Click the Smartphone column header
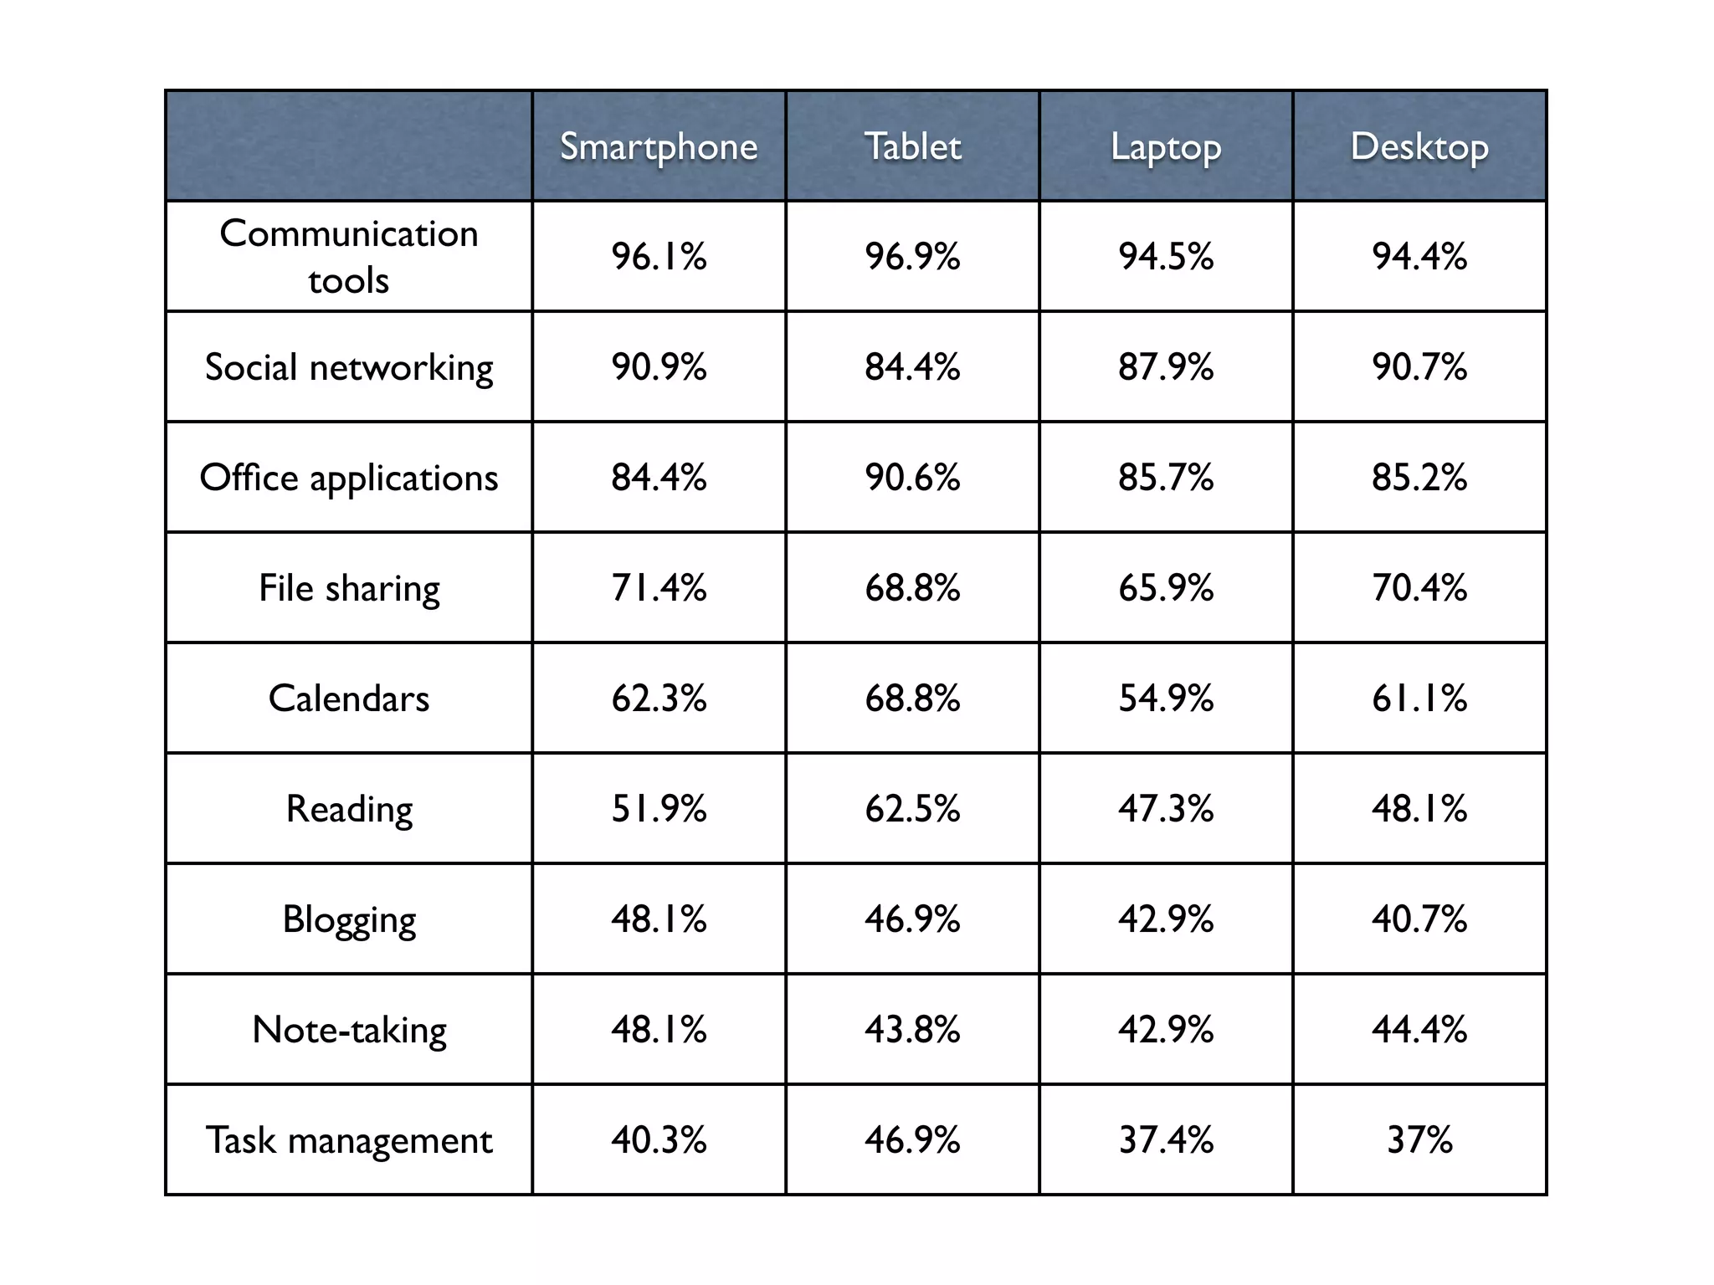(x=659, y=146)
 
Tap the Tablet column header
(x=912, y=146)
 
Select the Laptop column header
(x=1166, y=146)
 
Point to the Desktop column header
(x=1419, y=146)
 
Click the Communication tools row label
(x=349, y=256)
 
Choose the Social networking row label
(x=349, y=367)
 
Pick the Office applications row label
(x=349, y=478)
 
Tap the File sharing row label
(x=349, y=588)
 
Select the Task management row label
(x=349, y=1140)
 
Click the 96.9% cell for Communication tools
(x=912, y=256)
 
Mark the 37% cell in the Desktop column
(x=1419, y=1140)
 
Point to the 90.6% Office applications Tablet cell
(x=912, y=478)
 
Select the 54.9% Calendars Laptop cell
(x=1166, y=699)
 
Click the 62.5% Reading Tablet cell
(x=912, y=809)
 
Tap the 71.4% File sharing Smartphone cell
(x=659, y=588)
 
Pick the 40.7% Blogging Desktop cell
(x=1419, y=919)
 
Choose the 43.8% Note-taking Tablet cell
(x=912, y=1030)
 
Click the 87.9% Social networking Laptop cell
(x=1166, y=367)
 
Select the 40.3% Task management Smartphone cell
(x=659, y=1140)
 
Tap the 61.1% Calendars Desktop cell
(x=1419, y=699)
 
